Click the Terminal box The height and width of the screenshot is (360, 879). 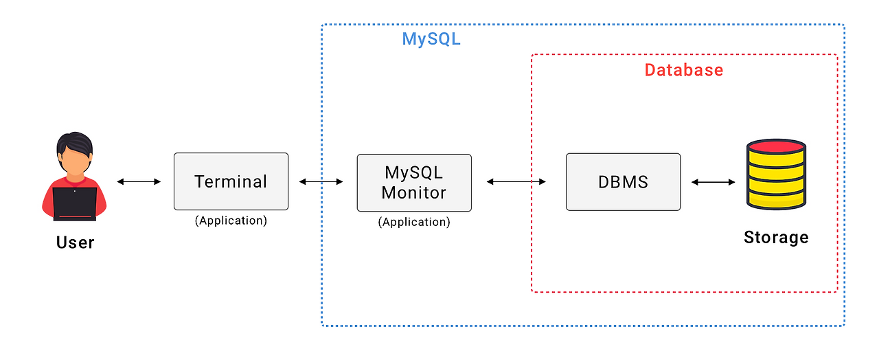231,181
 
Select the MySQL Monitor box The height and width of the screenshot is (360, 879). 414,182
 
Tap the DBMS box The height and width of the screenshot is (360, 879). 623,182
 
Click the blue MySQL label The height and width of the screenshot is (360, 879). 431,39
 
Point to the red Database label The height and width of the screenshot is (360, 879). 683,70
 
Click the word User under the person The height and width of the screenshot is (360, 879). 75,243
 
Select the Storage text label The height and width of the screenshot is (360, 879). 776,238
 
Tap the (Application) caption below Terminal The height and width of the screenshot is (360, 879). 231,221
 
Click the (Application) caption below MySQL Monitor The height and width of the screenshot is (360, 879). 414,222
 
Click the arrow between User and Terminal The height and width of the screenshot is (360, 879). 139,181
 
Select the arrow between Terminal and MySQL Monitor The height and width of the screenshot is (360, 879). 321,181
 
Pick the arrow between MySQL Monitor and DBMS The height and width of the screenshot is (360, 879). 516,181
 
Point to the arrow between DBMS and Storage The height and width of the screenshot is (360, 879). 713,182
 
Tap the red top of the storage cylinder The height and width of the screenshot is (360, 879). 776,146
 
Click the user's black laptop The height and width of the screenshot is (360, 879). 75,203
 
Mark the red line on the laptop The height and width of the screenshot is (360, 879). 75,216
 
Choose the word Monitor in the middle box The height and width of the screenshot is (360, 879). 414,193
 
